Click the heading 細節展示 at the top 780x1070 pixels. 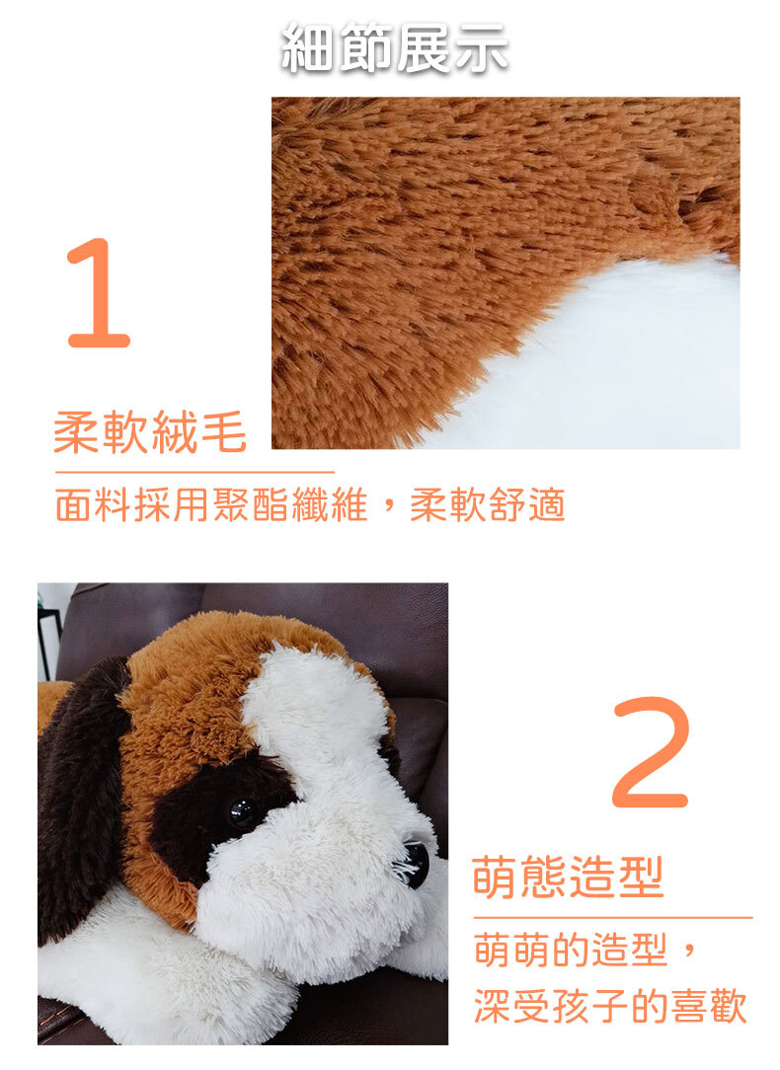pyautogui.click(x=394, y=47)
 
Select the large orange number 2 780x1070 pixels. pyautogui.click(x=651, y=752)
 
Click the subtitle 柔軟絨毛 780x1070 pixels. pyautogui.click(x=150, y=431)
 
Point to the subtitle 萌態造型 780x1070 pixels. pyautogui.click(x=568, y=878)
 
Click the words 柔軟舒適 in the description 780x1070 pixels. pyautogui.click(x=487, y=505)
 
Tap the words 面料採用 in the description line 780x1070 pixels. pyautogui.click(x=133, y=505)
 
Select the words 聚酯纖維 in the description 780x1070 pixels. pyautogui.click(x=290, y=505)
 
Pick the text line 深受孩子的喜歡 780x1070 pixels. pyautogui.click(x=611, y=1006)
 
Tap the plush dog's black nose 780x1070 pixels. pyautogui.click(x=415, y=864)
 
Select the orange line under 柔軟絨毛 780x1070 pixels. pyautogui.click(x=195, y=472)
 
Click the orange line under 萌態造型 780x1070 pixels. pyautogui.click(x=613, y=918)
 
